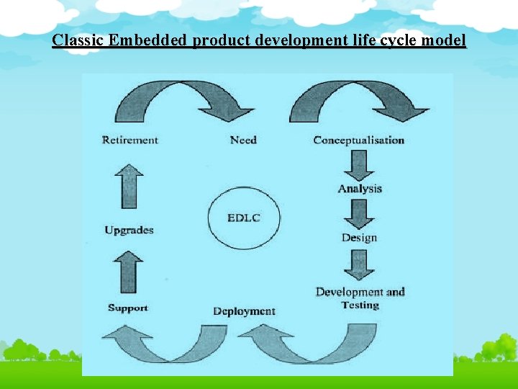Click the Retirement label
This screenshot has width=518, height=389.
click(x=129, y=140)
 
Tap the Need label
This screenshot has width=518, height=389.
click(x=243, y=140)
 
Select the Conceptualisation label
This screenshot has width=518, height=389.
click(x=358, y=140)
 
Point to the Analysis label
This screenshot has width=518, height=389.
click(x=360, y=189)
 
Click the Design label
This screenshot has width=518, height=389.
click(x=359, y=238)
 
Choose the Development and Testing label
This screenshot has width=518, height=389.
click(x=360, y=298)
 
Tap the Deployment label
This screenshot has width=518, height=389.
click(x=244, y=311)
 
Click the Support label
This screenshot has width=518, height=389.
click(x=127, y=308)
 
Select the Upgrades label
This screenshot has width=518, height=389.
click(x=129, y=231)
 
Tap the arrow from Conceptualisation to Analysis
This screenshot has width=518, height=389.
click(x=359, y=164)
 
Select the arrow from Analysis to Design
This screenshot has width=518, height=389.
click(x=359, y=213)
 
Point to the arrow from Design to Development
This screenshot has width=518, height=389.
click(x=359, y=263)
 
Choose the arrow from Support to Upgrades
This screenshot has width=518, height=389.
click(x=129, y=270)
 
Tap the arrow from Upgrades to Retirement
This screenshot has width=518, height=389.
click(x=129, y=185)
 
